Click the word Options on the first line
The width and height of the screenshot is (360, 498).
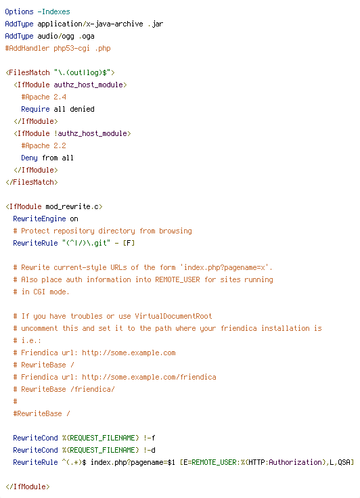[x=19, y=12]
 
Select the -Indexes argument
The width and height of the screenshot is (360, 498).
[x=53, y=12]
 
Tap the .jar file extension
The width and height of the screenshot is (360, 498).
[x=155, y=24]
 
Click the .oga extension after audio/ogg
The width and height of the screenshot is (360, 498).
[x=87, y=37]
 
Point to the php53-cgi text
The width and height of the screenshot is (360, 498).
[x=72, y=49]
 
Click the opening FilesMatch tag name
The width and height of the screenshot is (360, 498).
[x=29, y=72]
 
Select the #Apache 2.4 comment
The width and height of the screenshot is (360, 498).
[x=43, y=97]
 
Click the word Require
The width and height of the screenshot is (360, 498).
[x=35, y=109]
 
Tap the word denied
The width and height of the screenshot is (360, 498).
[x=82, y=109]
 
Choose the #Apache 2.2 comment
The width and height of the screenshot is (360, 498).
[x=43, y=145]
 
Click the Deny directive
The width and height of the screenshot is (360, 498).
[x=29, y=158]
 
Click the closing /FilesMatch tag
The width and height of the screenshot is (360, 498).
[x=31, y=182]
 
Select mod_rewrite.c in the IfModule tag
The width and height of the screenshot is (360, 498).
[x=72, y=207]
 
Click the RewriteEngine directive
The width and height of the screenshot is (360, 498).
[x=39, y=219]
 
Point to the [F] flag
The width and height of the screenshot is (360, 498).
[x=129, y=244]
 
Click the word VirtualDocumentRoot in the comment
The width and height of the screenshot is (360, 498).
[x=173, y=317]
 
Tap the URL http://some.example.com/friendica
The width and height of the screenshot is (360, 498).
[x=149, y=377]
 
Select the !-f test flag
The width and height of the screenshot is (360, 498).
[x=149, y=438]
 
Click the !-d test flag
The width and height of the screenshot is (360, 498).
[x=149, y=450]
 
